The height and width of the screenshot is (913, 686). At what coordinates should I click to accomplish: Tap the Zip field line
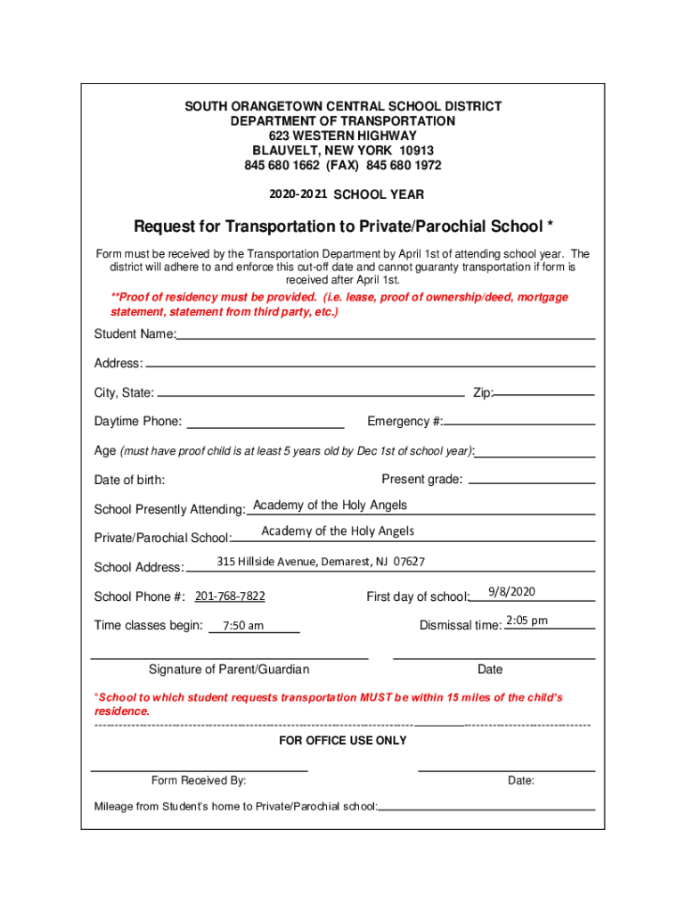click(544, 393)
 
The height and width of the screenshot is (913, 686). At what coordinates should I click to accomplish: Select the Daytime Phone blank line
click(265, 426)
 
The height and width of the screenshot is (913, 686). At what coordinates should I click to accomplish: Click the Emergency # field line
click(519, 424)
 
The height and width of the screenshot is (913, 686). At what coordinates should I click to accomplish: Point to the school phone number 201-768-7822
click(230, 596)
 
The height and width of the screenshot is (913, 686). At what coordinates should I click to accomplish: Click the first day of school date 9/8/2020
click(511, 592)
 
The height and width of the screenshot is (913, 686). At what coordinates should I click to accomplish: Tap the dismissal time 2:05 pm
click(527, 621)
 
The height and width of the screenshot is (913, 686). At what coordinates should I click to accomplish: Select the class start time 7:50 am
click(243, 626)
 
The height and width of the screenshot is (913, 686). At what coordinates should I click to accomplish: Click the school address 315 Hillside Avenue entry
click(321, 562)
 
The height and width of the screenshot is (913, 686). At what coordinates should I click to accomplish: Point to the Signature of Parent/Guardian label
click(229, 670)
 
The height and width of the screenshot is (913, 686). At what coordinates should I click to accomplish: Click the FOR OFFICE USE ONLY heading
click(343, 741)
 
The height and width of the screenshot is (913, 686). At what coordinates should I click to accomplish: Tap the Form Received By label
click(199, 781)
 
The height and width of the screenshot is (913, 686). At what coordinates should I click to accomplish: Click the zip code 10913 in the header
click(417, 151)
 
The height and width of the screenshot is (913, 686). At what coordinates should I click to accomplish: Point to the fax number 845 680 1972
click(407, 166)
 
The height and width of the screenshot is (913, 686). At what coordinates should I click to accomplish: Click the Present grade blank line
click(531, 482)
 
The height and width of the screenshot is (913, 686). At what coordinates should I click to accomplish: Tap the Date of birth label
click(129, 481)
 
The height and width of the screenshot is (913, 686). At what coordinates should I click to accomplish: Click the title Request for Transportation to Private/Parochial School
click(343, 226)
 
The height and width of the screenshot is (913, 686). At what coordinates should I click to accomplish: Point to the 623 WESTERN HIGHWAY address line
click(343, 136)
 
